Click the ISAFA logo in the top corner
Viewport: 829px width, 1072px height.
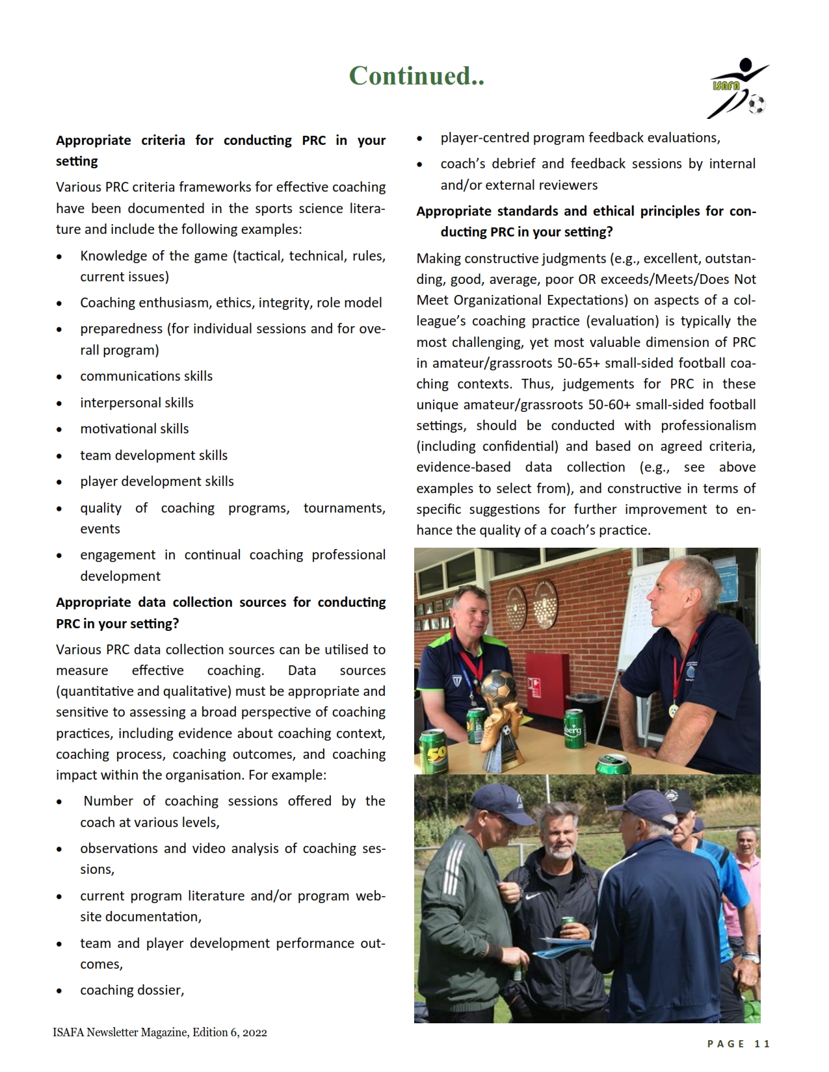pos(738,89)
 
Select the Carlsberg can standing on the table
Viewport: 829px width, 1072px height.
pos(574,729)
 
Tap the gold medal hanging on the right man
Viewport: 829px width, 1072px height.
pos(674,711)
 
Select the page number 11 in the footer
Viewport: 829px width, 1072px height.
pos(762,1043)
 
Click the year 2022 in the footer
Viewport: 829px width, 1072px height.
pos(254,1032)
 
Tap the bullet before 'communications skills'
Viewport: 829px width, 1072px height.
pos(60,377)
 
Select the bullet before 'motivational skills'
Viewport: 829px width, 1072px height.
pos(60,429)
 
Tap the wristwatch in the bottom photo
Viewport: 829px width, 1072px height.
pos(750,958)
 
